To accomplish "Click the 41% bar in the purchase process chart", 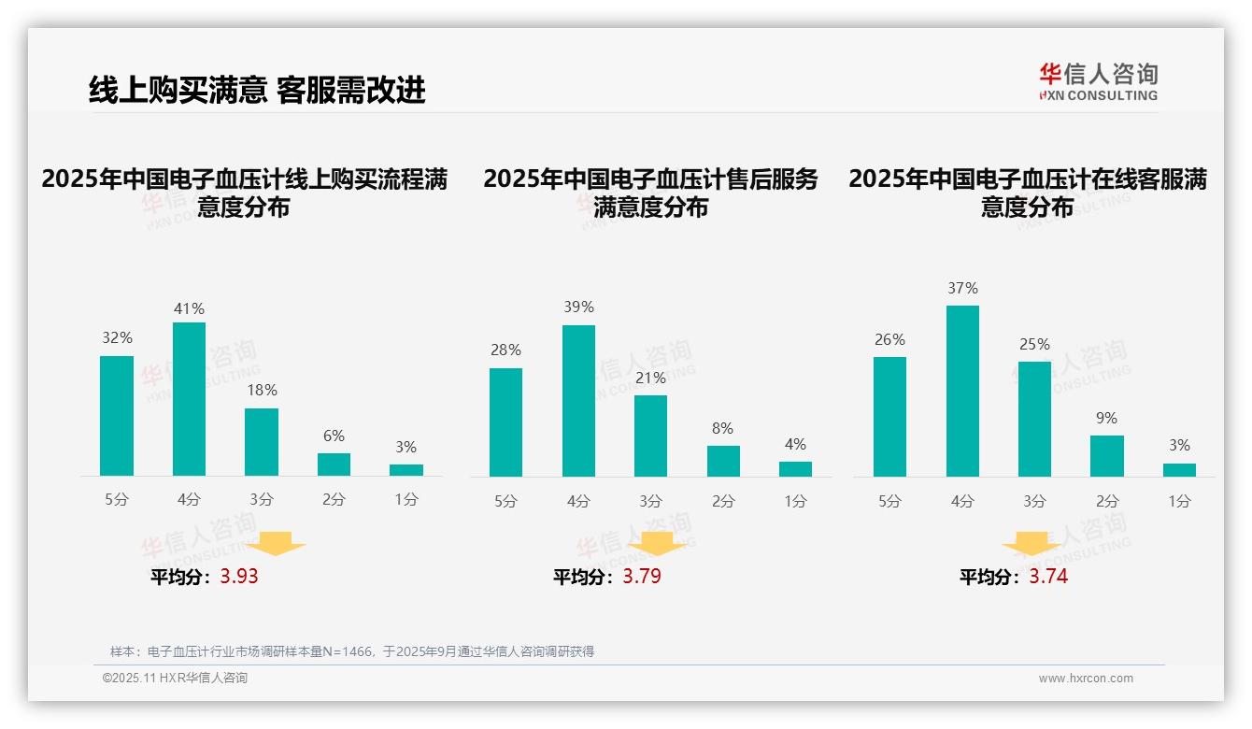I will pyautogui.click(x=190, y=399).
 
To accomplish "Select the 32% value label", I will pyautogui.click(x=117, y=338).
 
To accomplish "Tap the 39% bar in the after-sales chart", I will pyautogui.click(x=578, y=401).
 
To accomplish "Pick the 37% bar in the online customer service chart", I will pyautogui.click(x=962, y=391).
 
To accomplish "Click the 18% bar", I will pyautogui.click(x=262, y=442).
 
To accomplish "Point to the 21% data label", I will pyautogui.click(x=650, y=378).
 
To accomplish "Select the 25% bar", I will pyautogui.click(x=1034, y=419).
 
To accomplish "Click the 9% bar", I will pyautogui.click(x=1107, y=456).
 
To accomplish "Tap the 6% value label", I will pyautogui.click(x=334, y=436).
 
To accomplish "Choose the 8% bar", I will pyautogui.click(x=723, y=461).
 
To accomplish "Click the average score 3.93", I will pyautogui.click(x=239, y=577).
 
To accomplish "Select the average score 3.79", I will pyautogui.click(x=642, y=577).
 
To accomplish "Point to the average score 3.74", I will pyautogui.click(x=1048, y=577).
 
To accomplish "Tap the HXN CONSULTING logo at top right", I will pyautogui.click(x=1098, y=81).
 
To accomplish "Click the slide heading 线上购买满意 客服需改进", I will pyautogui.click(x=257, y=90).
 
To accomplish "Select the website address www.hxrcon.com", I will pyautogui.click(x=1086, y=679).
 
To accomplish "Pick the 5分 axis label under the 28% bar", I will pyautogui.click(x=505, y=502).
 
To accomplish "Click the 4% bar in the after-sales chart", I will pyautogui.click(x=795, y=469).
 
